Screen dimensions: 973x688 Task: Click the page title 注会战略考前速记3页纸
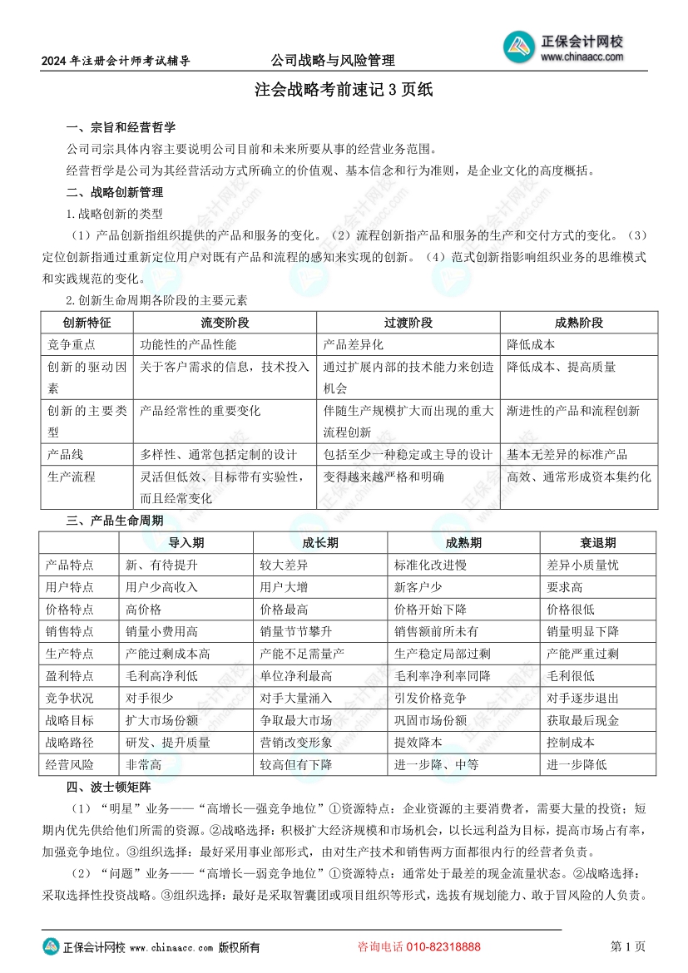[x=344, y=90]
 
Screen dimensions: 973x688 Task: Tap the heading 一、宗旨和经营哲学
[x=121, y=128]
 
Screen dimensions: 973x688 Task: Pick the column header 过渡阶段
[x=408, y=323]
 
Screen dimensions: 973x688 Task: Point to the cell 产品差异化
[x=354, y=344]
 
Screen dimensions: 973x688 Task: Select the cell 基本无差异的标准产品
[x=567, y=455]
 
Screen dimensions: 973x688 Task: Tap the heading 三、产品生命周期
[x=114, y=520]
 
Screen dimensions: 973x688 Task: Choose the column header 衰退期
[x=598, y=543]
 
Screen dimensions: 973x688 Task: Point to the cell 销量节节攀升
[x=296, y=631]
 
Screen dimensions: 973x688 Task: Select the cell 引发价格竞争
[x=430, y=698]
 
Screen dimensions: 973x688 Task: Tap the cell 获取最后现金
[x=582, y=720]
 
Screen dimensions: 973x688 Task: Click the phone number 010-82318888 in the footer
[x=442, y=947]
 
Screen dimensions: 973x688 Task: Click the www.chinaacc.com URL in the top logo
[x=582, y=57]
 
